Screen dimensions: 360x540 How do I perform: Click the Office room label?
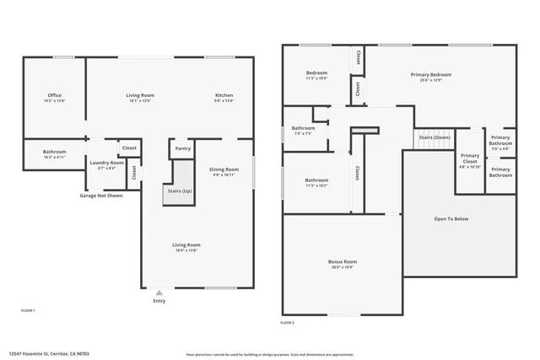54,95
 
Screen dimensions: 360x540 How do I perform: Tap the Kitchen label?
224,95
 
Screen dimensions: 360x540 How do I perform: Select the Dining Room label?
223,169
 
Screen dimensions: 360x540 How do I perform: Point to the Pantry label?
183,148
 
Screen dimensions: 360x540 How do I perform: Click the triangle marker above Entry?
159,293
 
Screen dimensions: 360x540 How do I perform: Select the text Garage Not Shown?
101,195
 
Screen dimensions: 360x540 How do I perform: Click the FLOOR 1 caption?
28,311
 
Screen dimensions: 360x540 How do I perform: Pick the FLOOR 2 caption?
288,323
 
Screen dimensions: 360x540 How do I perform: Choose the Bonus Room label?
342,262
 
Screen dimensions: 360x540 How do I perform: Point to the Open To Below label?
451,218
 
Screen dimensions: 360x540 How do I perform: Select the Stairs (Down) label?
435,137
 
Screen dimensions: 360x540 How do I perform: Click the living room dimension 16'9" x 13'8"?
187,250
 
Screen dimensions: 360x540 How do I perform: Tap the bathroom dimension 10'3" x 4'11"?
54,157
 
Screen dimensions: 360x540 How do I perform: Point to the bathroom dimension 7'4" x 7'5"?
303,133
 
